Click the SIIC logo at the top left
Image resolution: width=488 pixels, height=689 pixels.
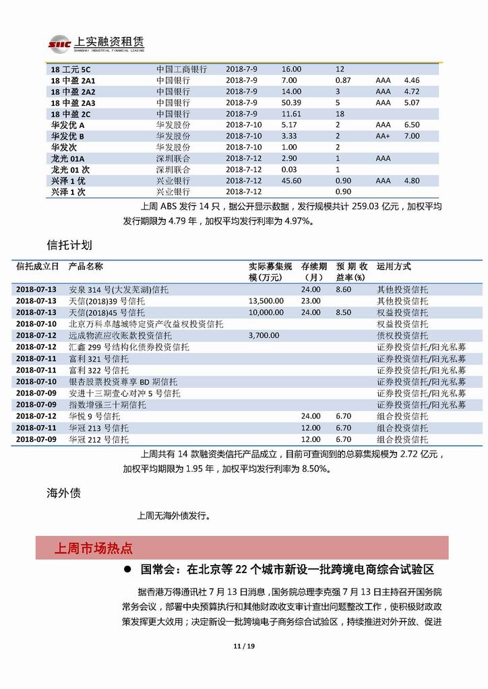[59, 44]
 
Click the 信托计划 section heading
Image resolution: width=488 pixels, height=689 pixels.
[69, 243]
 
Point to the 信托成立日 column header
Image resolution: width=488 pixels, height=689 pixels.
[37, 267]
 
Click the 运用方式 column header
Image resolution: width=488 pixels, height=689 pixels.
[394, 267]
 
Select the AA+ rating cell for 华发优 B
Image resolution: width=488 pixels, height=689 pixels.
[384, 136]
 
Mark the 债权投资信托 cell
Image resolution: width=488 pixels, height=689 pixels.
[402, 335]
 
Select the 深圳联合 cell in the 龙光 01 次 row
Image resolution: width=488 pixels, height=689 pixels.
[173, 170]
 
